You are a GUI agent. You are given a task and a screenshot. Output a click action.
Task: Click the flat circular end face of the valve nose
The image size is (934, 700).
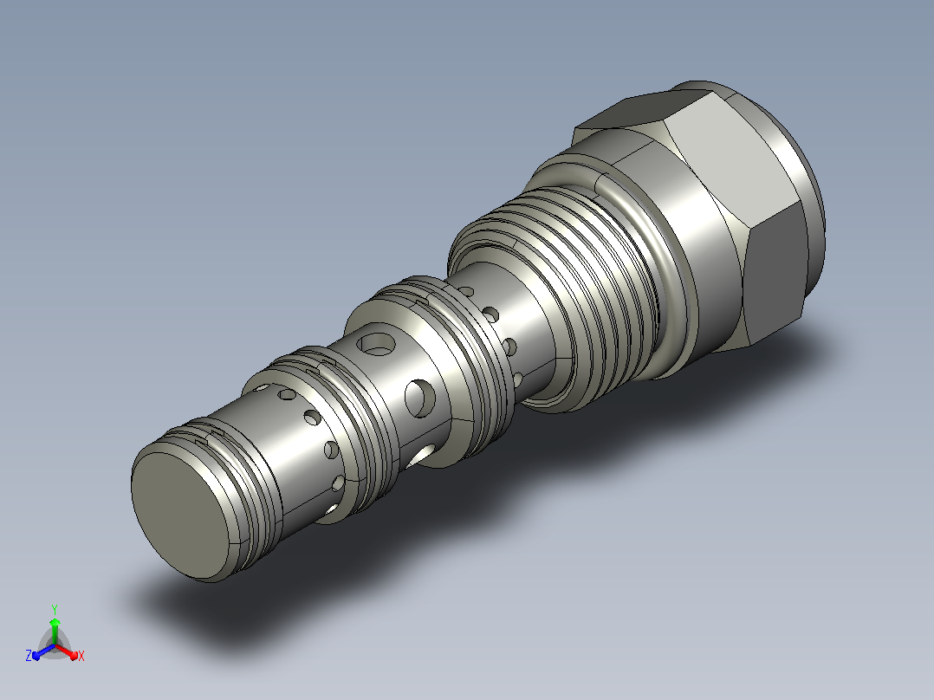[x=180, y=515]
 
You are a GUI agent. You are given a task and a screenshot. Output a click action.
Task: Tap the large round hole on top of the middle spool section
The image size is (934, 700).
[x=376, y=344]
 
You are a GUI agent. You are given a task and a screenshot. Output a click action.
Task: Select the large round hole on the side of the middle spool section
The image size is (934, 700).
[x=419, y=398]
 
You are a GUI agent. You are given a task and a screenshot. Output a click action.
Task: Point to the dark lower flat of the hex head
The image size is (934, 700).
[x=775, y=279]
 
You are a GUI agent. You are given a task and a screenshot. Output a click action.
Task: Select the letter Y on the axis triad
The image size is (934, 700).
[x=55, y=609]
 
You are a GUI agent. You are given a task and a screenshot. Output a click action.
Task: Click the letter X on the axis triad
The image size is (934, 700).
[x=81, y=656]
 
